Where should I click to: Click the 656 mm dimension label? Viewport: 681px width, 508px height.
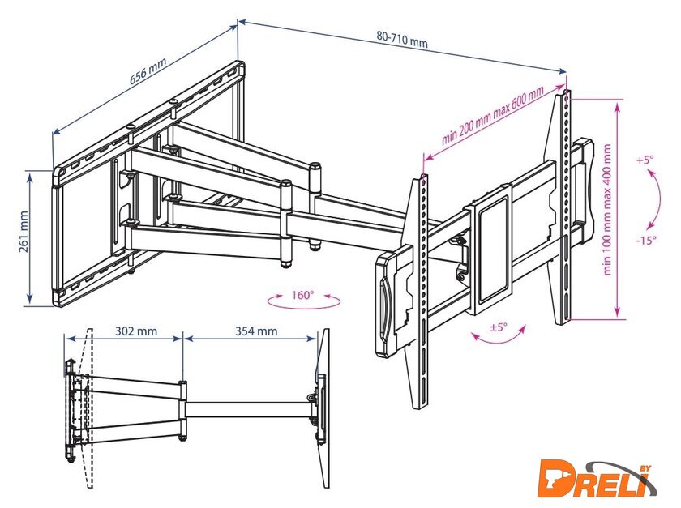point(148,70)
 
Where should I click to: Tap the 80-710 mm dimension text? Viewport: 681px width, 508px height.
point(402,40)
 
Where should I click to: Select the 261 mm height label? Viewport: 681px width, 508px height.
point(23,232)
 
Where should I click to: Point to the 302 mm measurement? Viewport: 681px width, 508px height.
point(136,331)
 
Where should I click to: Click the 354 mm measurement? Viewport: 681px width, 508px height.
point(256,331)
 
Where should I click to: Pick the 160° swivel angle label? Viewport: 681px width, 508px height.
point(302,295)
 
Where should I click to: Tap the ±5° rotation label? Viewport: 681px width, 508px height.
point(499,327)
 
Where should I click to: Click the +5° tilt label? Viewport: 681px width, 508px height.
point(645,160)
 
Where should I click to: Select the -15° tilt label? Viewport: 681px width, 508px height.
point(646,240)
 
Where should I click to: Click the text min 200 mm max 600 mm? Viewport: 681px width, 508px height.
point(492,116)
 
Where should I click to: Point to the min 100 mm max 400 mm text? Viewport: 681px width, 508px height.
point(607,209)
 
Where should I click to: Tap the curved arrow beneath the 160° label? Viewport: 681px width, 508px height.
point(303,305)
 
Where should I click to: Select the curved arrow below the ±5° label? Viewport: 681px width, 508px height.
point(499,339)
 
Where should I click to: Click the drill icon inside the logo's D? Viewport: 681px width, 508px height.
point(555,478)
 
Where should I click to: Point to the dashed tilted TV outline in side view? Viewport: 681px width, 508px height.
point(88,408)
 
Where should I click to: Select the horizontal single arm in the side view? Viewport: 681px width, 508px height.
point(250,409)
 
